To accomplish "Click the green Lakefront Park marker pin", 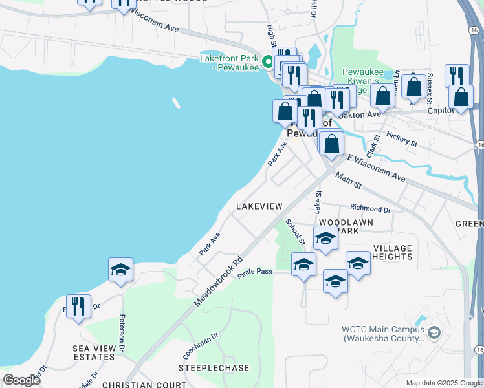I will pyautogui.click(x=269, y=62).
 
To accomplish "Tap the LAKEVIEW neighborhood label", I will pyautogui.click(x=259, y=206).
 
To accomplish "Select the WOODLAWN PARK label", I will pyautogui.click(x=350, y=226).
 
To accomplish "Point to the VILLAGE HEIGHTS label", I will pyautogui.click(x=392, y=253).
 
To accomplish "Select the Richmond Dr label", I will pyautogui.click(x=370, y=209).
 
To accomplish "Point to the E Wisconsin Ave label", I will pyautogui.click(x=376, y=167).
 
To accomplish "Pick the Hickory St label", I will pyautogui.click(x=402, y=138).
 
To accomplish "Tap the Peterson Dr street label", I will pyautogui.click(x=121, y=330).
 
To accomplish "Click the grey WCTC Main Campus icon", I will pyautogui.click(x=434, y=332).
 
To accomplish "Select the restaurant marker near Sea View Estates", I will pyautogui.click(x=78, y=306).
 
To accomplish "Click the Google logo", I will pyautogui.click(x=22, y=380).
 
